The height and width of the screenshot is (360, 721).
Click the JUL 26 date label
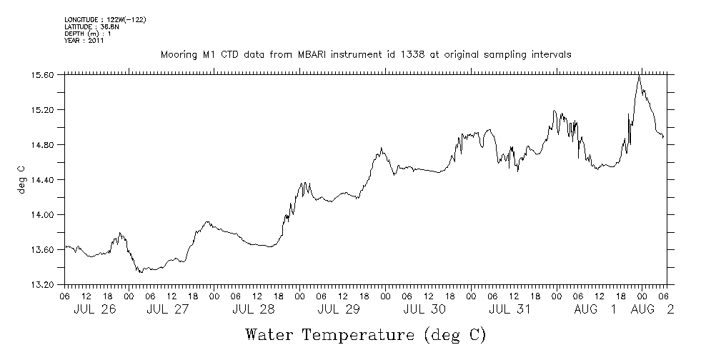[95, 310]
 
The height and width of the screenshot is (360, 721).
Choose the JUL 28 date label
[254, 310]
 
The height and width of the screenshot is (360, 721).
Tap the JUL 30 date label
[424, 310]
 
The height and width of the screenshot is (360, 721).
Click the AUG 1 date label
[599, 310]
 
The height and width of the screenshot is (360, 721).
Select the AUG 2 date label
[652, 310]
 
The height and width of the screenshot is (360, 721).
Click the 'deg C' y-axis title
[21, 179]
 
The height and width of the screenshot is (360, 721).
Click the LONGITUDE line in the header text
[105, 19]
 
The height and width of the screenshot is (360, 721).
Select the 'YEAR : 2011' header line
[84, 41]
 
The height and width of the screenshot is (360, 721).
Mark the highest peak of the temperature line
[640, 76]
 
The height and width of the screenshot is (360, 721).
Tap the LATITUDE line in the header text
[91, 26]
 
